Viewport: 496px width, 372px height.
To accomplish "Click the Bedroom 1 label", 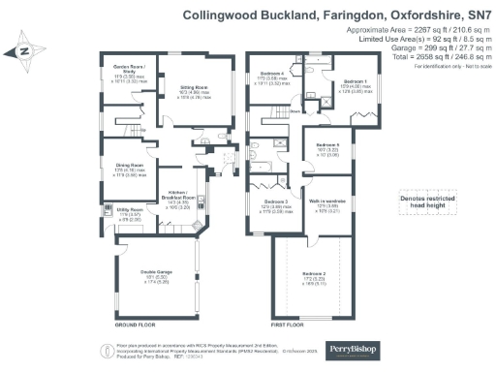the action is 356,81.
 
